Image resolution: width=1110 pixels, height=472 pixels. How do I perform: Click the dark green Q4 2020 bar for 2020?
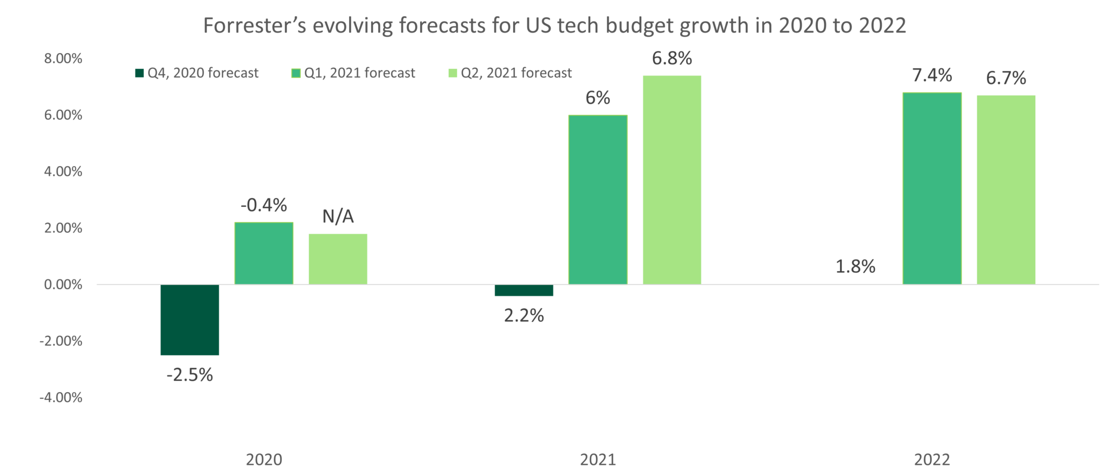[190, 320]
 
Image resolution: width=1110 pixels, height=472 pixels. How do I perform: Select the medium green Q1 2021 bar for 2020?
[264, 253]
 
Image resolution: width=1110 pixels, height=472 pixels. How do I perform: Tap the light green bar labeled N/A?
[338, 259]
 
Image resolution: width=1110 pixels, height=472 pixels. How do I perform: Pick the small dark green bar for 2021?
[524, 291]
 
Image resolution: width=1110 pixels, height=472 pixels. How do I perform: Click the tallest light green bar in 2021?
[672, 180]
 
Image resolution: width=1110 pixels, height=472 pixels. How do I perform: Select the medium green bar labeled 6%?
[598, 199]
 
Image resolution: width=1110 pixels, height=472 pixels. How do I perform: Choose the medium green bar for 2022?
[932, 188]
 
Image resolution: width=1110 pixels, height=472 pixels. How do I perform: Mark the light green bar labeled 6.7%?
[1006, 189]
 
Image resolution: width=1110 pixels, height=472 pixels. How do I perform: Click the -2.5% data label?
[190, 375]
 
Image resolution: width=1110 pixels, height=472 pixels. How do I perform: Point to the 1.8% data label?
[855, 266]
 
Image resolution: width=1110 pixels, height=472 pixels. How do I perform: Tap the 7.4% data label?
[932, 75]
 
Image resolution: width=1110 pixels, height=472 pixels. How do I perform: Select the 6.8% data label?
[672, 58]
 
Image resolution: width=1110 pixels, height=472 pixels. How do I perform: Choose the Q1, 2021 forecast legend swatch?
[296, 73]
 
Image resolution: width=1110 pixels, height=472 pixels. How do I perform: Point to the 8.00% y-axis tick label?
[63, 59]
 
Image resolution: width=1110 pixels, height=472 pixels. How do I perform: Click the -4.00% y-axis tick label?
[61, 398]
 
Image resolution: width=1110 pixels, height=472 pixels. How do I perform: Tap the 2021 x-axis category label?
[598, 460]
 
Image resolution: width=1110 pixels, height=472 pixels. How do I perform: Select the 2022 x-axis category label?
[932, 460]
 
